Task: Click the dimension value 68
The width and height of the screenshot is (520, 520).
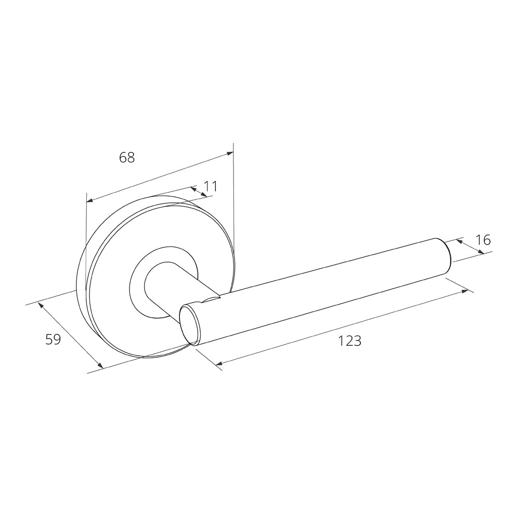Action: pos(127,157)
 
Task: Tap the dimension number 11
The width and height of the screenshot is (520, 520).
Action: pos(210,186)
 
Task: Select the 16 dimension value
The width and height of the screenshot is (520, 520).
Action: pos(483,240)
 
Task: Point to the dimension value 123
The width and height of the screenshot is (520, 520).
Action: pos(349,341)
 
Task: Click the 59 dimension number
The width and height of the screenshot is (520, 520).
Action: pos(53,340)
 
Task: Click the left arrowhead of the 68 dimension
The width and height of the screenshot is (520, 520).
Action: pos(89,200)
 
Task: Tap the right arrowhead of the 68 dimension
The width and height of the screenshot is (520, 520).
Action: pos(230,153)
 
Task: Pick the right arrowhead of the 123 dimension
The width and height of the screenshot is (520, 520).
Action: pos(465,292)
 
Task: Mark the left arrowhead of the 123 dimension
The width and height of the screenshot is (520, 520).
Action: pos(218,363)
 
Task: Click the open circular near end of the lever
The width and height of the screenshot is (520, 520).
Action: pos(190,324)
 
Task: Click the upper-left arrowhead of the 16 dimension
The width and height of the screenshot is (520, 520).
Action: pos(459,241)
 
